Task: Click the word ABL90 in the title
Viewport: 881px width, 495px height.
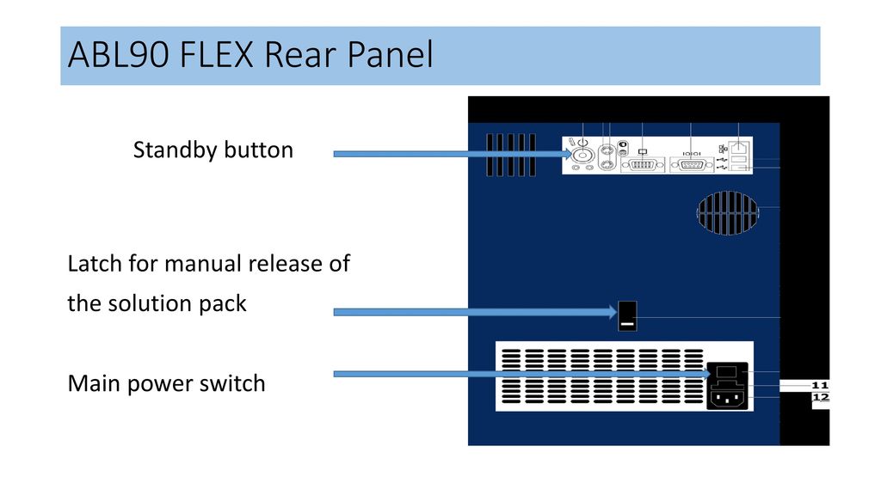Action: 119,54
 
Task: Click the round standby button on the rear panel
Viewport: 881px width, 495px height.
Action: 582,154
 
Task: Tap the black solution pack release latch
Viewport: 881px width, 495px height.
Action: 627,316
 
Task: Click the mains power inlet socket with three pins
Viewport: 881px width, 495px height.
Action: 727,399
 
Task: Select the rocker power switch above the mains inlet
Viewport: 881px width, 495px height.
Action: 726,372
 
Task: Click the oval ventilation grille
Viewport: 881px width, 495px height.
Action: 728,213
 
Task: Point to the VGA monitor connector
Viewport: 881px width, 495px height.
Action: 642,165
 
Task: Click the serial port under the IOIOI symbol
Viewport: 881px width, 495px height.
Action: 691,165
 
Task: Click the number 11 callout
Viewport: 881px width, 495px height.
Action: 820,386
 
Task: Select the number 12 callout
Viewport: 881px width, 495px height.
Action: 820,397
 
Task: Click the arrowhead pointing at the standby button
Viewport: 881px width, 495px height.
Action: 568,154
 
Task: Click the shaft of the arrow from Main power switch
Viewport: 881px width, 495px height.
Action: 520,374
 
